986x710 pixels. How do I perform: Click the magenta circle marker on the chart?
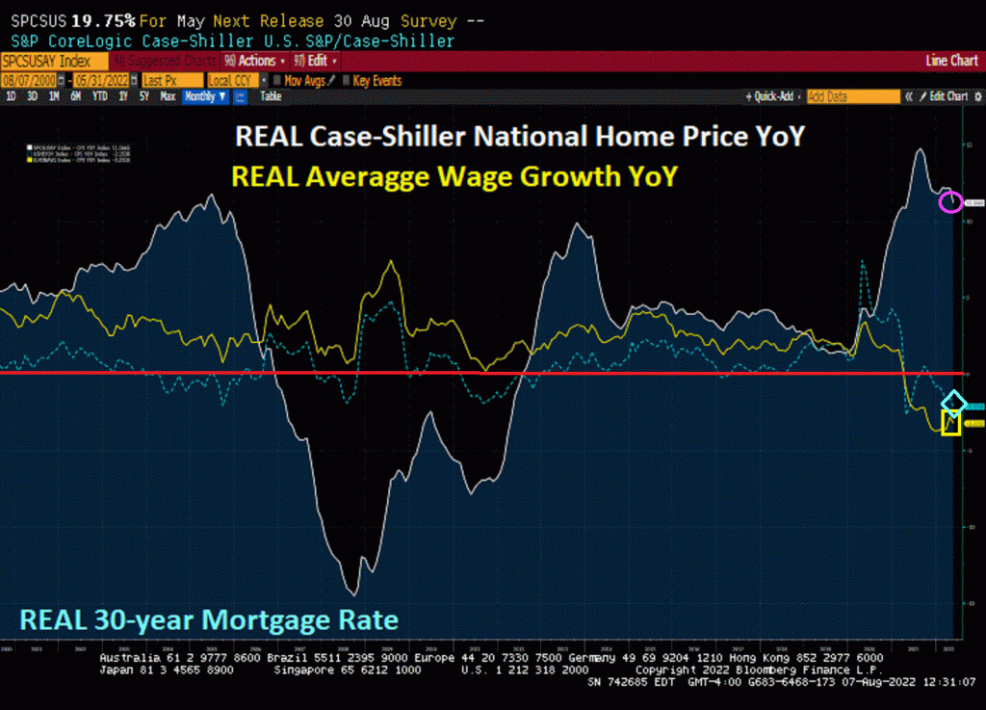pyautogui.click(x=950, y=201)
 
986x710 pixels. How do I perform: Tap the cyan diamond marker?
pyautogui.click(x=953, y=402)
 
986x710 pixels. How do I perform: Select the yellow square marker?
pyautogui.click(x=951, y=424)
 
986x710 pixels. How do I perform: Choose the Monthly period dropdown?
pyautogui.click(x=205, y=96)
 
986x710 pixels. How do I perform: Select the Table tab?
pyautogui.click(x=271, y=96)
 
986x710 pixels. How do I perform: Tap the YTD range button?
pyautogui.click(x=99, y=96)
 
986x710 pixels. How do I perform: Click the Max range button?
pyautogui.click(x=168, y=96)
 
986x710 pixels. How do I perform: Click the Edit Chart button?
pyautogui.click(x=947, y=96)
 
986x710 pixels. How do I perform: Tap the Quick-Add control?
pyautogui.click(x=773, y=96)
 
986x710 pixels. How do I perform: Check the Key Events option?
pyautogui.click(x=376, y=81)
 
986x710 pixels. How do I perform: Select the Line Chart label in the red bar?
pyautogui.click(x=950, y=61)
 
